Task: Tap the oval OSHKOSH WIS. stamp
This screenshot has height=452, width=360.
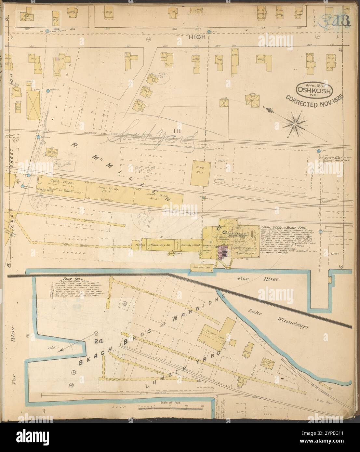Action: click(x=314, y=90)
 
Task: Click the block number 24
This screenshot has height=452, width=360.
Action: click(x=97, y=341)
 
